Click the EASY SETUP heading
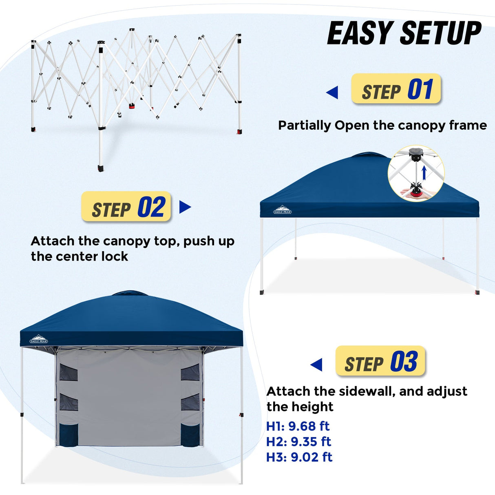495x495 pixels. point(404,33)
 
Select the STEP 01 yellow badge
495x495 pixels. point(396,89)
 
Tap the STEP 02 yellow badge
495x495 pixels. point(126,207)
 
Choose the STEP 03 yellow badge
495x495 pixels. point(380,361)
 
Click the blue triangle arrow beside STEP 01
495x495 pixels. point(332,93)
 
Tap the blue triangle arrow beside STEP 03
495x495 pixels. point(316,365)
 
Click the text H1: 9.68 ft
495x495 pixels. point(298,426)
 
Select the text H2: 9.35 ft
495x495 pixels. point(298,442)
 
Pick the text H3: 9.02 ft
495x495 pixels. point(299,457)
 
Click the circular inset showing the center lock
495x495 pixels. point(416,173)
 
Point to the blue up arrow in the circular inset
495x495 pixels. point(424,172)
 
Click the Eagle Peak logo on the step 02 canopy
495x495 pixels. point(282,210)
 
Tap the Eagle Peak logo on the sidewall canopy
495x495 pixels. point(39,339)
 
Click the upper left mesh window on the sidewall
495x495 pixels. point(69,372)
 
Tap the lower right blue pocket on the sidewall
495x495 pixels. point(190,435)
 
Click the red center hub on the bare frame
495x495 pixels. point(132,106)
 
